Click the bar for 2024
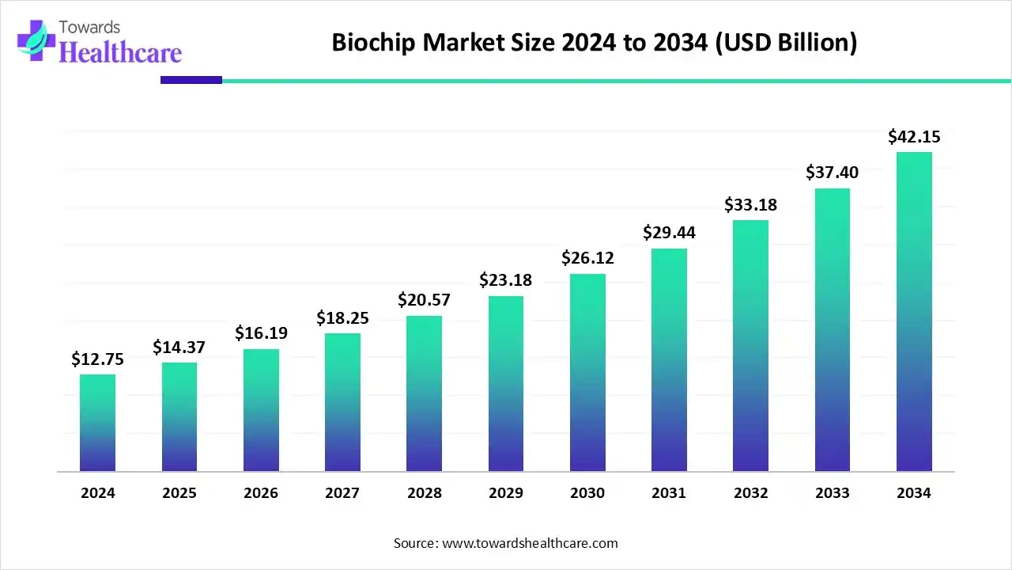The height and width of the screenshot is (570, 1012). [x=97, y=423]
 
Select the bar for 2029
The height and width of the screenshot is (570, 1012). [x=506, y=384]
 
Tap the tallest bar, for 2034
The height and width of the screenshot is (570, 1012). [x=914, y=312]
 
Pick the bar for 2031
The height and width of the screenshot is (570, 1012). [x=669, y=360]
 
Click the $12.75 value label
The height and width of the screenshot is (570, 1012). [x=97, y=359]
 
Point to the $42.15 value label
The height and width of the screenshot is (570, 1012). [x=914, y=137]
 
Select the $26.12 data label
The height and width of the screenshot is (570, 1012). [x=587, y=258]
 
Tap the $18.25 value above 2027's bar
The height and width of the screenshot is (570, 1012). [x=342, y=318]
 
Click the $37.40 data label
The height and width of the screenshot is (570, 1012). [x=832, y=173]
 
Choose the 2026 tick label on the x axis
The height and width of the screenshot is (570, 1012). [x=261, y=493]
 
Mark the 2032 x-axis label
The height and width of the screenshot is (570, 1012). [x=750, y=493]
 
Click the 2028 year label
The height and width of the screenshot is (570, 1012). [x=425, y=493]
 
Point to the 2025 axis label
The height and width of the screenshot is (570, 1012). [x=179, y=493]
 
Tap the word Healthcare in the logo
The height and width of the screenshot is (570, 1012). [x=120, y=52]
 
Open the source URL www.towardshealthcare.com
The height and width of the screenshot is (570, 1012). [x=528, y=543]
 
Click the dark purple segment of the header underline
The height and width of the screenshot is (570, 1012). [x=191, y=80]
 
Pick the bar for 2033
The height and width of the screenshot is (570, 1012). [x=832, y=329]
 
